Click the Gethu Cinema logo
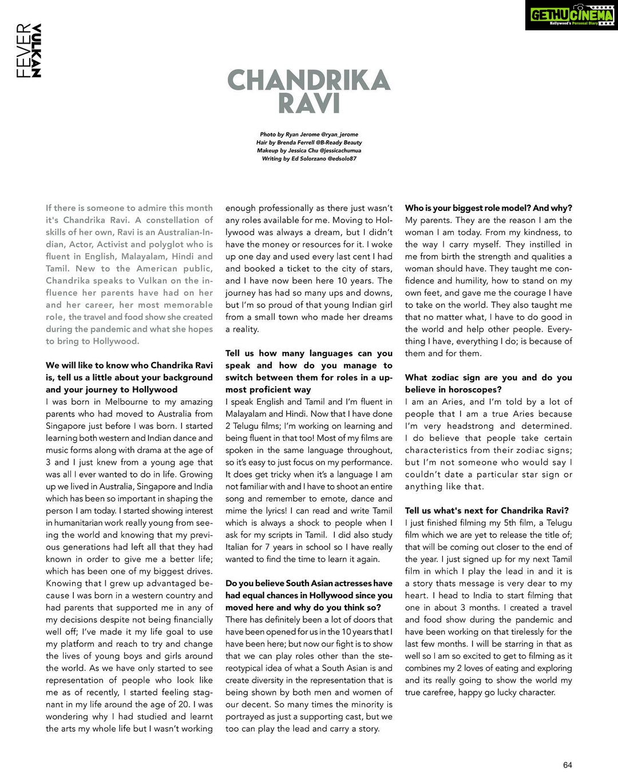point(571,15)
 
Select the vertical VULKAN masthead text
point(37,50)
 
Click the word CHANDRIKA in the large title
point(308,81)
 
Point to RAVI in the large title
point(308,104)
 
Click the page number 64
point(567,765)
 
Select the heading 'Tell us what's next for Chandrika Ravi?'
point(487,511)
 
